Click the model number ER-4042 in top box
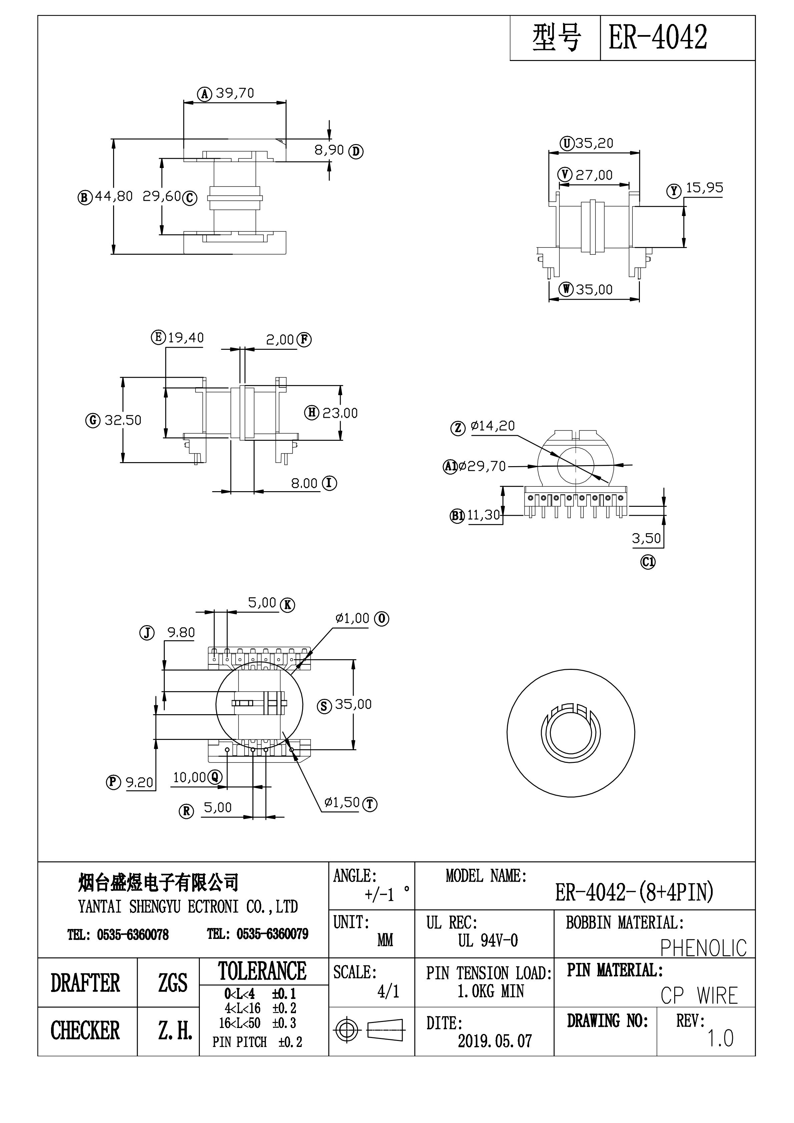(x=658, y=38)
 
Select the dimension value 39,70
(x=235, y=93)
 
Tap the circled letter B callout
(x=85, y=198)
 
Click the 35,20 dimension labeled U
(x=594, y=143)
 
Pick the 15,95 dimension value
(x=704, y=188)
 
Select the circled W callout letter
(x=566, y=289)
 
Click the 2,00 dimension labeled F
(x=280, y=339)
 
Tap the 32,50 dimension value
(x=123, y=420)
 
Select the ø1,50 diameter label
(x=342, y=802)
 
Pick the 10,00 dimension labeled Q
(x=189, y=777)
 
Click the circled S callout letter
(x=324, y=706)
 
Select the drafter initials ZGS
(x=172, y=983)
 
